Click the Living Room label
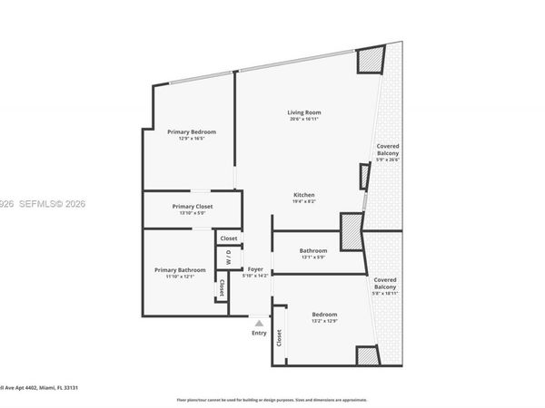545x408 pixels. tap(305, 112)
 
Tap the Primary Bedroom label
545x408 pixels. tap(191, 132)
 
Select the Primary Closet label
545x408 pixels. tap(192, 207)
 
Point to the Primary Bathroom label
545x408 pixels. tap(180, 269)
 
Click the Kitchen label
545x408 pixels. tap(304, 196)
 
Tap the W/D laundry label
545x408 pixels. tap(228, 256)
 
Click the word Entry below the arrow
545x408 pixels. tap(260, 333)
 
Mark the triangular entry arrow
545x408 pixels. tap(260, 322)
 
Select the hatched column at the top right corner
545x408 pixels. tap(370, 60)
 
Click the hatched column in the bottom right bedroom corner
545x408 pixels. tap(367, 356)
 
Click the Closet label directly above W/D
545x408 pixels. tap(228, 238)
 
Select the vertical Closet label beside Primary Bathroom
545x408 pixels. tap(222, 288)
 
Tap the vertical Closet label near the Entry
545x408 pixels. tap(279, 339)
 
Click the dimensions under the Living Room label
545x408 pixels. tap(305, 120)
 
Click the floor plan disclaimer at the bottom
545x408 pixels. tap(272, 399)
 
